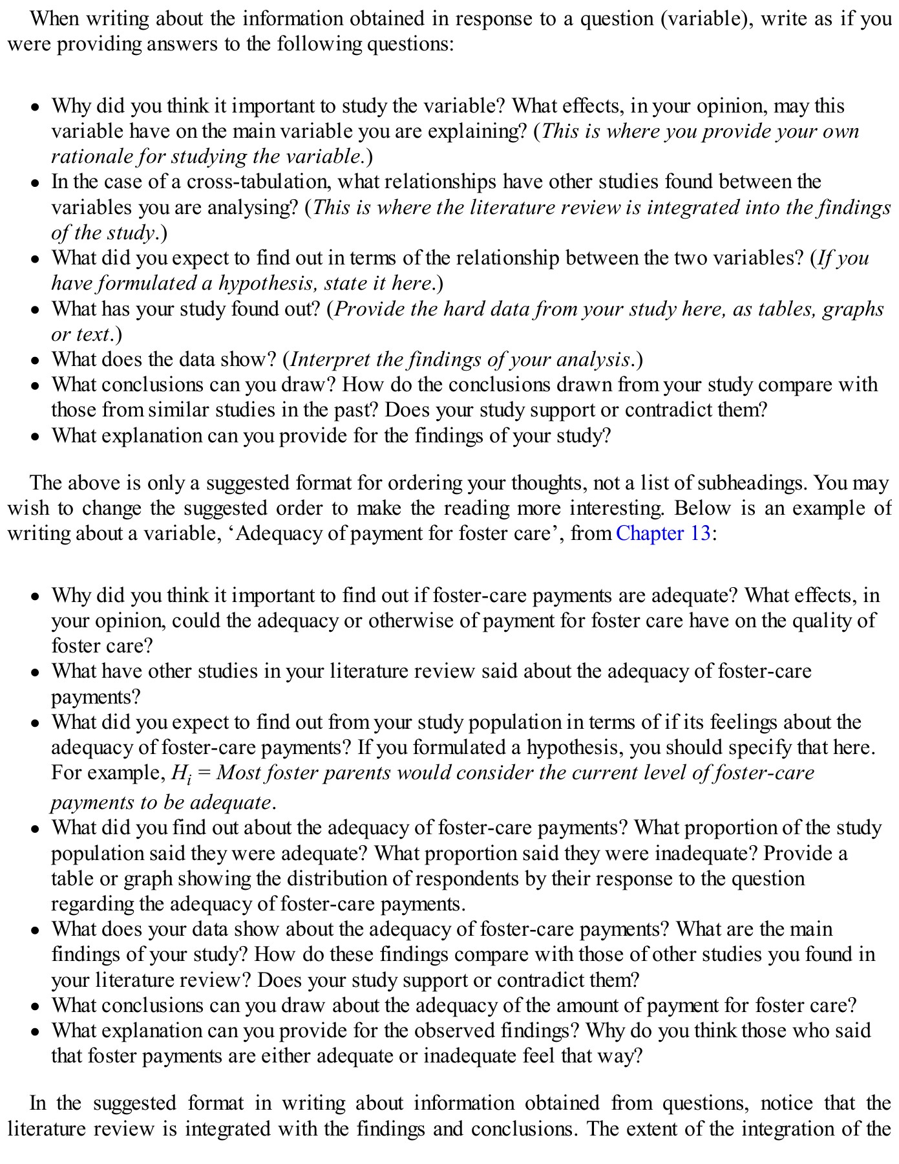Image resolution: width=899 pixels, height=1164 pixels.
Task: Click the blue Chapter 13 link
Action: pyautogui.click(x=663, y=533)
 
